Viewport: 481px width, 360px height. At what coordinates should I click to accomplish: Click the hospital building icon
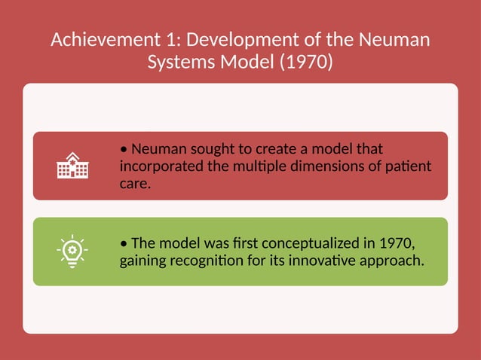click(x=72, y=166)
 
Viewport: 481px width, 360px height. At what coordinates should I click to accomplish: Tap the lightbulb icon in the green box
click(x=72, y=252)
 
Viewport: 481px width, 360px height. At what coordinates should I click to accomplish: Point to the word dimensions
click(x=339, y=166)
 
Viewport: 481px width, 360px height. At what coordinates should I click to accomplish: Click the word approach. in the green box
click(x=391, y=261)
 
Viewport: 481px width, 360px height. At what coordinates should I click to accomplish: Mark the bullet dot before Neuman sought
click(x=124, y=149)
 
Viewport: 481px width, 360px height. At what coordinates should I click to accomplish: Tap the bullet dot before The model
click(x=124, y=244)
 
